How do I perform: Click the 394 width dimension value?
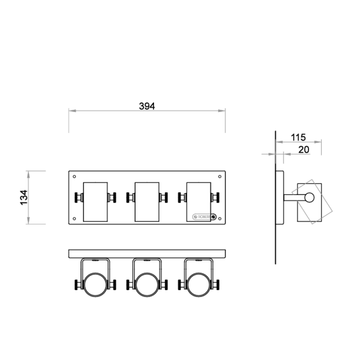(147, 106)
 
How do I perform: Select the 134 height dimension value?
(24, 198)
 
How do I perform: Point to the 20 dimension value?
(304, 149)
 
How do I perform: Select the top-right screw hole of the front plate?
(220, 177)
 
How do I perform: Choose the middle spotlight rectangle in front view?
(146, 201)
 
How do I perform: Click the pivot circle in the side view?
(309, 198)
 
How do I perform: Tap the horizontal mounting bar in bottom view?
(147, 254)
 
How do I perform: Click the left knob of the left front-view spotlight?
(77, 198)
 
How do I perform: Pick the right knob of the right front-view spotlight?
(216, 198)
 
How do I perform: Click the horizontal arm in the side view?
(294, 198)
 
